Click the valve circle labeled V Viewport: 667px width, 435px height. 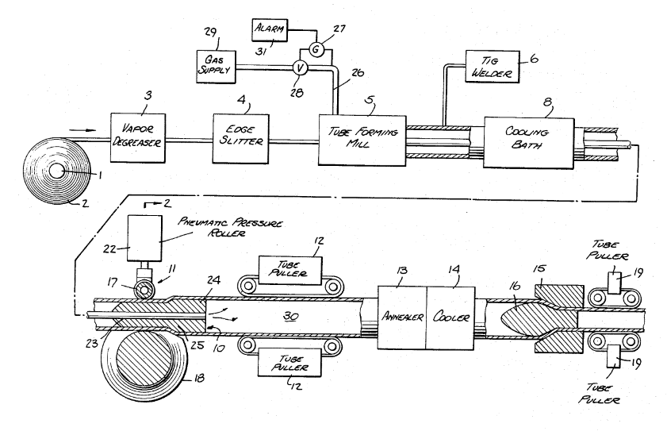tap(299, 68)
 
